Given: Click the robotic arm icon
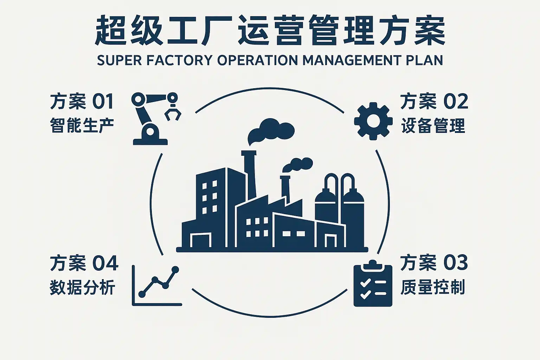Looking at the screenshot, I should (150, 120).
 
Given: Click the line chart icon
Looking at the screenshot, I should (157, 285).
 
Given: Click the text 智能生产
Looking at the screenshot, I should (82, 126).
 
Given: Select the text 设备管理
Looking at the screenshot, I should (433, 126).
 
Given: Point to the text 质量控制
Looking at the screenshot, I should (433, 287).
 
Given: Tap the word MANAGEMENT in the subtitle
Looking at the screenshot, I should (352, 60).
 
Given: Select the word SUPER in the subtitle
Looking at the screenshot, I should (118, 60).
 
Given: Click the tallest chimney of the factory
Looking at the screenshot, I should (250, 176).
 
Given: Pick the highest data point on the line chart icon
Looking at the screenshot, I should (175, 270).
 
